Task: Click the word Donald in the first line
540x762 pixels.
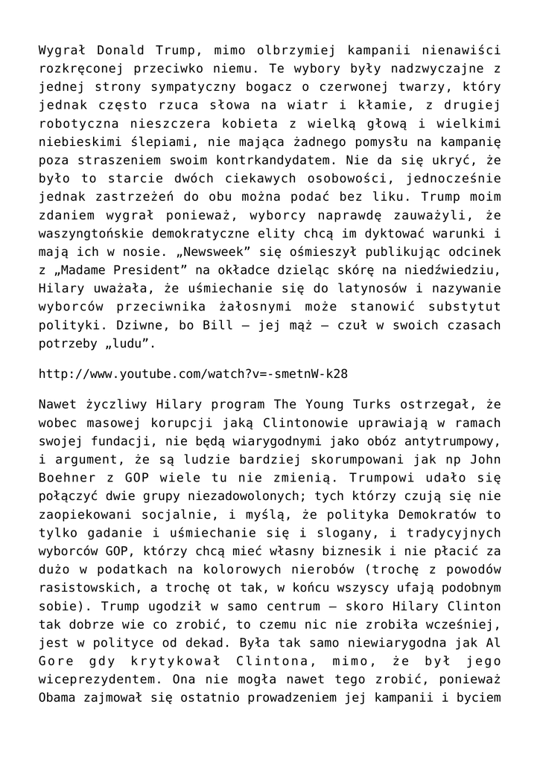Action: pyautogui.click(x=123, y=51)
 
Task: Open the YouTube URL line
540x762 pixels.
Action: pyautogui.click(x=193, y=372)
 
